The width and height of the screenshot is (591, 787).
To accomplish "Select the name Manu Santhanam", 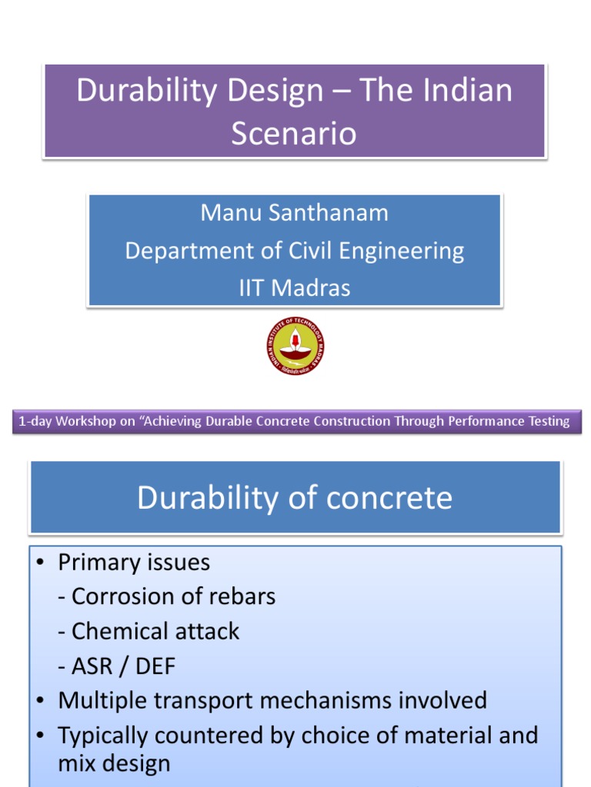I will (294, 212).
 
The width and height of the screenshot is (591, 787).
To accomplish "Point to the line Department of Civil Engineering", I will (294, 251).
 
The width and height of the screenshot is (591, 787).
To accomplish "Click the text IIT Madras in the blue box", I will (294, 288).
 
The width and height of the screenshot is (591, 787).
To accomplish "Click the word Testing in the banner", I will (549, 421).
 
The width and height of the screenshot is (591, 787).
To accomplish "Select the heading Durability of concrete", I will (294, 498).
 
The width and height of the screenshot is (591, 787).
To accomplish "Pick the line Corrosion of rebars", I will (166, 596).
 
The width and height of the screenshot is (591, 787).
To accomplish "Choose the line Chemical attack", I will (149, 631).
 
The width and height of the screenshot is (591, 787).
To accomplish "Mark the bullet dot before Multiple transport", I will (42, 701).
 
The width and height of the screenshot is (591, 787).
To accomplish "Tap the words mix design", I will (114, 764).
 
